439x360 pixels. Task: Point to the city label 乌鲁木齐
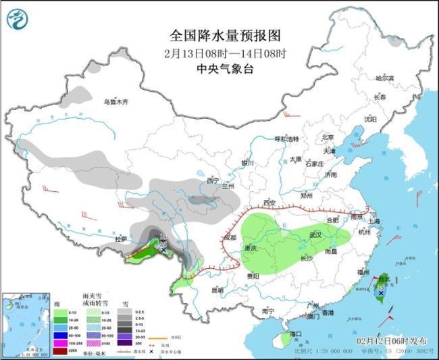click(x=115, y=102)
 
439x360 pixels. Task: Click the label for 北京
click(x=328, y=136)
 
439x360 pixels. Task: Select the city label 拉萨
click(x=121, y=239)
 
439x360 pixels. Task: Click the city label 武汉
click(x=315, y=234)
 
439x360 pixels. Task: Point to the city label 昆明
click(x=217, y=290)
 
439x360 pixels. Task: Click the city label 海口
click(x=295, y=334)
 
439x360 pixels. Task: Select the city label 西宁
click(x=213, y=180)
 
